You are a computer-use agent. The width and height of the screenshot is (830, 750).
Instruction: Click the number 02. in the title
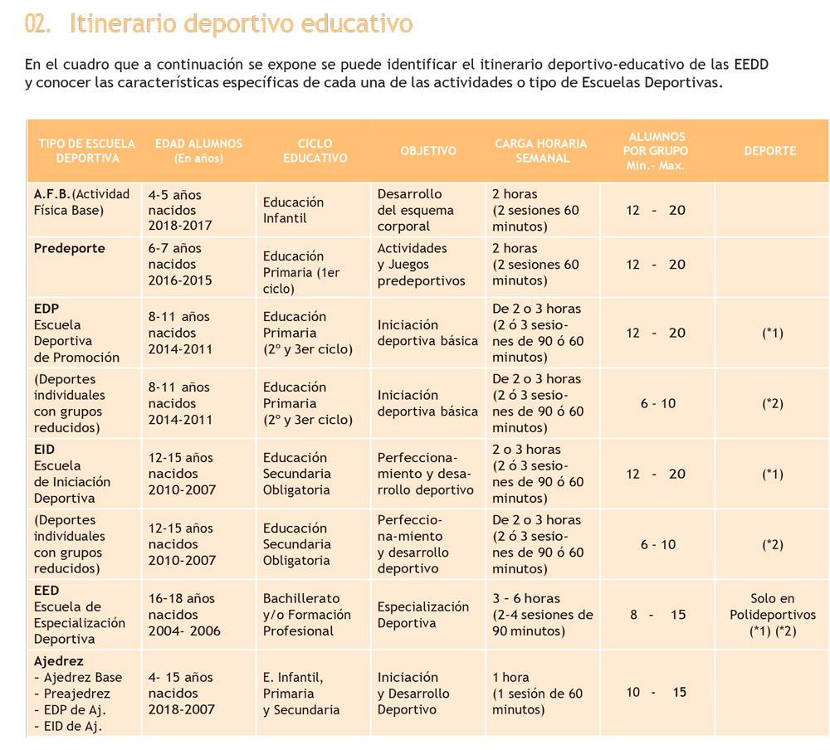(37, 24)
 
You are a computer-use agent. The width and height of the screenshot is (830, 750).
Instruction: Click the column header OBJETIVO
(428, 151)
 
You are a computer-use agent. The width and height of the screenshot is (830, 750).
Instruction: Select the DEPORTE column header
(770, 151)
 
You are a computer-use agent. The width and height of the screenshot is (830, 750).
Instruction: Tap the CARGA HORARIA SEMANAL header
(541, 151)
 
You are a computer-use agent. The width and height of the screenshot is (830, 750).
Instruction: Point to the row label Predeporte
(70, 248)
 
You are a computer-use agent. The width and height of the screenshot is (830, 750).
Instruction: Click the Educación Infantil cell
(293, 210)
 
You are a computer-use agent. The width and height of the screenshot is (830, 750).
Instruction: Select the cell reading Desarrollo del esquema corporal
(416, 210)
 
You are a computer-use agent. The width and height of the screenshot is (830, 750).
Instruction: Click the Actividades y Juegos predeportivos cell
(422, 264)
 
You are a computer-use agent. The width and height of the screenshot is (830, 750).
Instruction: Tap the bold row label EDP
(46, 309)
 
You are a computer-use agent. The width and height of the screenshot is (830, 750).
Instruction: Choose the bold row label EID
(44, 450)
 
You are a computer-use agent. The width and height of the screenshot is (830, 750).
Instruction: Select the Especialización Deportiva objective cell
(423, 615)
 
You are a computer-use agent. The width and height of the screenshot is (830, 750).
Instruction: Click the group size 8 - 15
(657, 615)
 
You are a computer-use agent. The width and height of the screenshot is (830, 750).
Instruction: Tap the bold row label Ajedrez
(59, 661)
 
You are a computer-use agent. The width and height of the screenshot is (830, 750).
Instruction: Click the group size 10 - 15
(657, 692)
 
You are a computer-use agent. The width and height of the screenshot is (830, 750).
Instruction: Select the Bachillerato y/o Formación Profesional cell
(307, 615)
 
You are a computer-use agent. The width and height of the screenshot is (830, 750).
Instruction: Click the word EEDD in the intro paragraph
(751, 65)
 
